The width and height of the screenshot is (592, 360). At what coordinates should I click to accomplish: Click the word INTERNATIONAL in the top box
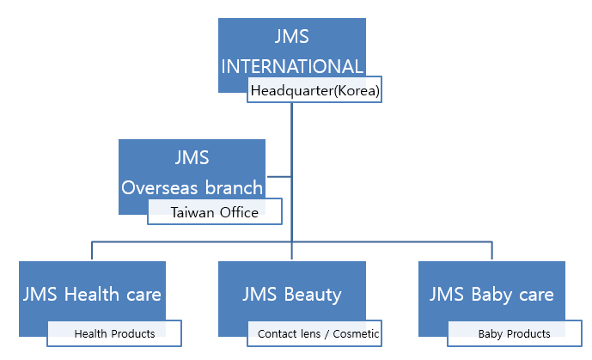click(292, 66)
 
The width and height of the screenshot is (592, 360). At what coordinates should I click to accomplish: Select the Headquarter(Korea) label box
click(314, 89)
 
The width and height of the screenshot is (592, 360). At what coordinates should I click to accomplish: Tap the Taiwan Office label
click(215, 211)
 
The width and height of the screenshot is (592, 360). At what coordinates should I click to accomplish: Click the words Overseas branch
click(192, 187)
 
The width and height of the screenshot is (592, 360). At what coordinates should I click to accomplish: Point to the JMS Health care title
click(92, 295)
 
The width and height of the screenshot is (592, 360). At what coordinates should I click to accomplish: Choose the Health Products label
click(114, 333)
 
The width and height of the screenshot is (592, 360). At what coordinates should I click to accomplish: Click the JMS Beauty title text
click(292, 295)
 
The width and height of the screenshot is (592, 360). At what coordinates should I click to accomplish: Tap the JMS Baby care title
click(491, 295)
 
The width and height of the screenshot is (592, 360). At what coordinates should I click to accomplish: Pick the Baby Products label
click(514, 334)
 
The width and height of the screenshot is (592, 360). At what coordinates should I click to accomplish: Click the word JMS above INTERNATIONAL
click(292, 37)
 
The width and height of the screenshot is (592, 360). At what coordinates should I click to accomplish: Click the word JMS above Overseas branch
click(192, 157)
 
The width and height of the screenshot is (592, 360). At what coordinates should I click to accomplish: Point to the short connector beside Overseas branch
click(279, 176)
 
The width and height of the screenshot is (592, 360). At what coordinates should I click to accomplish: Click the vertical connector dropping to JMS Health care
click(92, 250)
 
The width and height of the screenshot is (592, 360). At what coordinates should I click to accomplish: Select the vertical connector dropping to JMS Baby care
click(492, 250)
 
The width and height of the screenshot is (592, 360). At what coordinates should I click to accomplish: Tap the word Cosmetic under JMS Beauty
click(356, 333)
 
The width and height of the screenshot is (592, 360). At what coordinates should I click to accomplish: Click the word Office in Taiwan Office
click(239, 212)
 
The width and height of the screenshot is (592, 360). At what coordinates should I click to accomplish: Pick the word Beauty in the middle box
click(313, 295)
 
